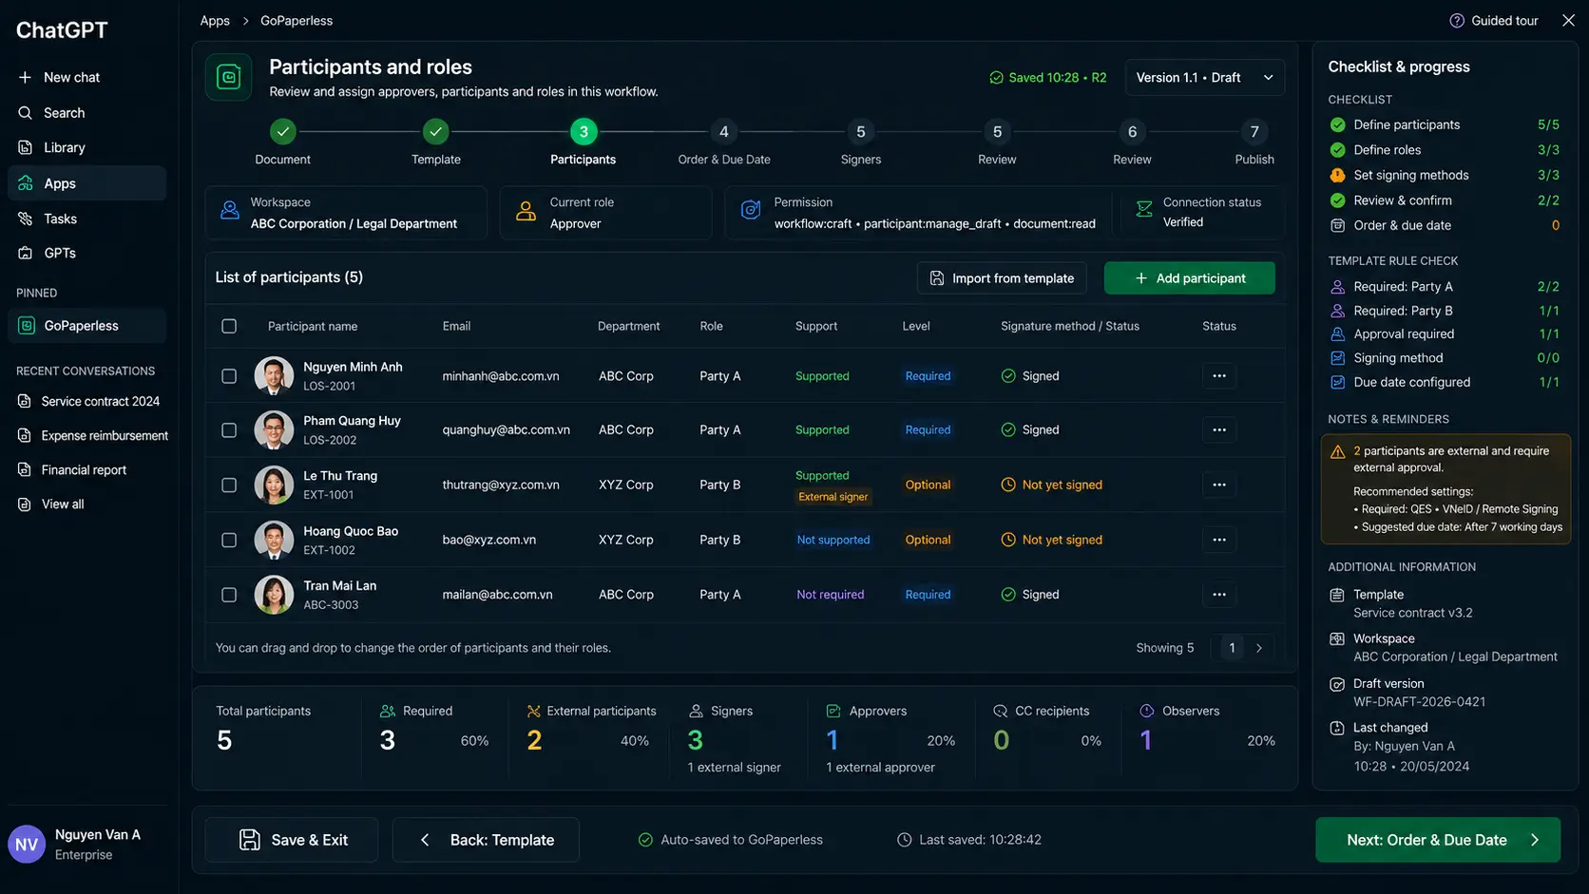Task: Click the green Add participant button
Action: [x=1189, y=278]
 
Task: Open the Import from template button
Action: [x=1001, y=278]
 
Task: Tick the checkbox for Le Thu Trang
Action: [x=228, y=485]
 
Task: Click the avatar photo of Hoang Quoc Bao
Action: [x=274, y=540]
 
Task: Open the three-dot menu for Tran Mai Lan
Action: [x=1218, y=594]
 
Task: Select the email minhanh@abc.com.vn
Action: [x=500, y=376]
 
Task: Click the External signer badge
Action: [x=833, y=497]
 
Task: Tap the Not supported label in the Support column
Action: [x=833, y=540]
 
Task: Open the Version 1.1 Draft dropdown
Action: [x=1204, y=77]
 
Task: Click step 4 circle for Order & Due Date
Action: [x=723, y=132]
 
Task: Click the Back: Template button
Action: [x=486, y=840]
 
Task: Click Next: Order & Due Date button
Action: [x=1438, y=840]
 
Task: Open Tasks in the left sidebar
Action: [x=60, y=219]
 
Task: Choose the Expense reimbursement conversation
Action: [x=105, y=435]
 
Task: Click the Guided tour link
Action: [x=1493, y=21]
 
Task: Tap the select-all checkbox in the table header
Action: [x=228, y=326]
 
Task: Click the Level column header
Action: [x=916, y=326]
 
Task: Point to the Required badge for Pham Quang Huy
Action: [x=928, y=429]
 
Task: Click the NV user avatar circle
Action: [x=27, y=844]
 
